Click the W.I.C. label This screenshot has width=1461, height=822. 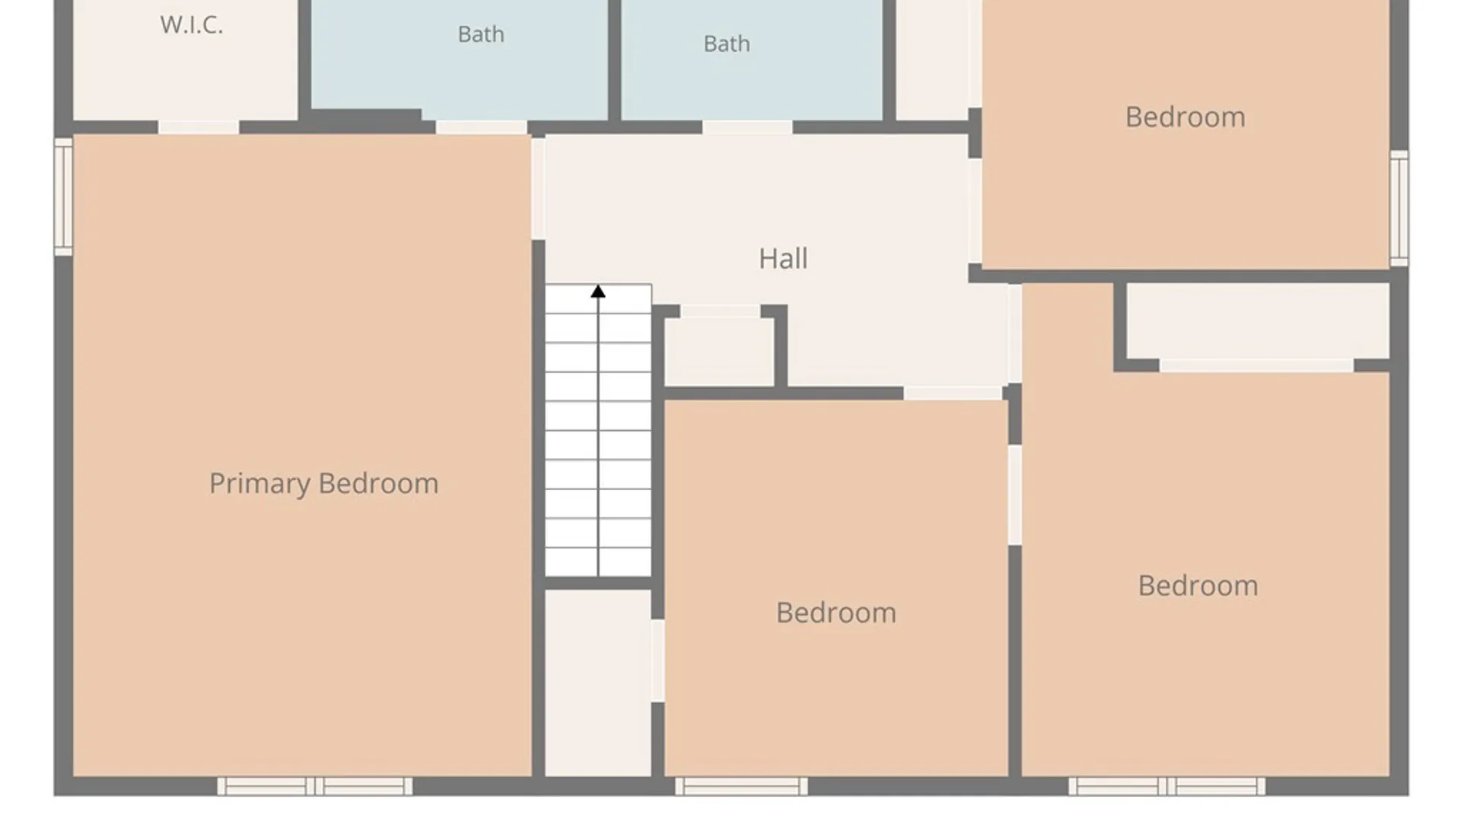tap(192, 25)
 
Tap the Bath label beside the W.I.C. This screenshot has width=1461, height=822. tap(481, 34)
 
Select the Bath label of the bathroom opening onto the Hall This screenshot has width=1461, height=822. tap(727, 44)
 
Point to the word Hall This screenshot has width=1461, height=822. tap(783, 259)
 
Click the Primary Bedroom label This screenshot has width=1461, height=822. tap(324, 484)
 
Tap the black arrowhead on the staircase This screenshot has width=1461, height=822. tap(598, 292)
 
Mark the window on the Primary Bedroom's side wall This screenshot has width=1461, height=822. tap(63, 196)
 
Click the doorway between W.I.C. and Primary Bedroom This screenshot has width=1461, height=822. tap(199, 128)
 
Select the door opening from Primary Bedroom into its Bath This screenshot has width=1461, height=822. tap(481, 128)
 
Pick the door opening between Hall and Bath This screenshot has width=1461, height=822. tap(747, 128)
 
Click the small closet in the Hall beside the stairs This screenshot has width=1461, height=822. tap(719, 352)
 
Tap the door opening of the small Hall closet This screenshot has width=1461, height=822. tap(720, 311)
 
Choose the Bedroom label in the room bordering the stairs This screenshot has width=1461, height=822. tap(836, 613)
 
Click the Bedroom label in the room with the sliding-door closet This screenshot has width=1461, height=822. tap(1198, 586)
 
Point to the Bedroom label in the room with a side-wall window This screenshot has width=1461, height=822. tap(1186, 117)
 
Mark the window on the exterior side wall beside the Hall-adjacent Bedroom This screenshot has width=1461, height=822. tap(1399, 209)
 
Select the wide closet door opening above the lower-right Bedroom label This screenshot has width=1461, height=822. tap(1256, 366)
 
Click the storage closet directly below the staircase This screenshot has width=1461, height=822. tap(598, 683)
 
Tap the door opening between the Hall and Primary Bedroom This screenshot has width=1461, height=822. tap(538, 188)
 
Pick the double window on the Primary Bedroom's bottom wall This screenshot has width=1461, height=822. tap(315, 786)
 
